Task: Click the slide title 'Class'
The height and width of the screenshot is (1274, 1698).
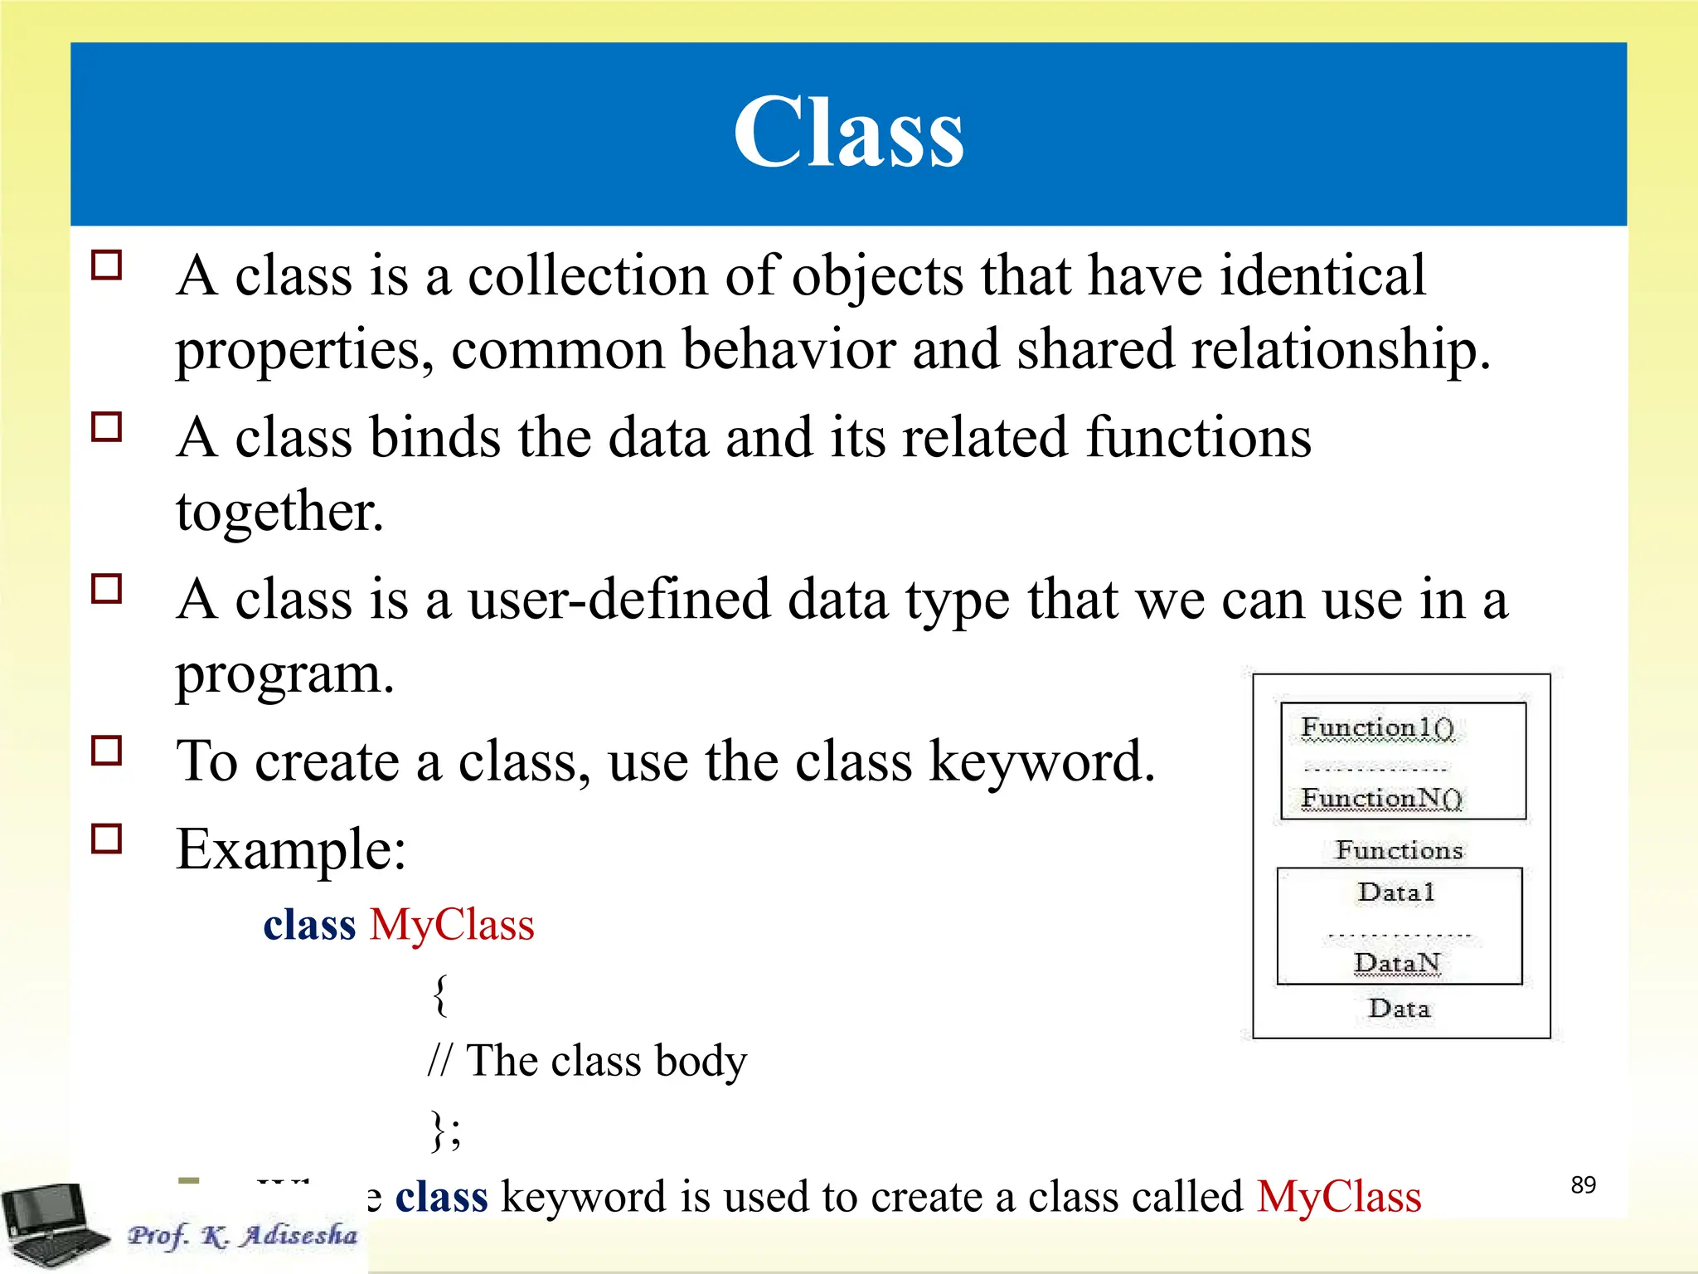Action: pyautogui.click(x=848, y=133)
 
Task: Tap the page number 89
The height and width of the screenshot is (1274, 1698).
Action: pyautogui.click(x=1583, y=1184)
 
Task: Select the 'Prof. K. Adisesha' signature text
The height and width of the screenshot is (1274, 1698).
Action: pyautogui.click(x=242, y=1235)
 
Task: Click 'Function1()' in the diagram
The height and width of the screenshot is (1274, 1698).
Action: pyautogui.click(x=1377, y=727)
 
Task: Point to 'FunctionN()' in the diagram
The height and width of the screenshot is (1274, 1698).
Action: pyautogui.click(x=1381, y=798)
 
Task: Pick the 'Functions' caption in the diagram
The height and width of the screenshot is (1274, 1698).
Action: pyautogui.click(x=1400, y=850)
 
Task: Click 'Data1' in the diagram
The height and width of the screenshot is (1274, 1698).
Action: pyautogui.click(x=1396, y=892)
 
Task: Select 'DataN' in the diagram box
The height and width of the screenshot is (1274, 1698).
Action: pyautogui.click(x=1398, y=963)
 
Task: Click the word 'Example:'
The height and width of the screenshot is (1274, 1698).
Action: pyautogui.click(x=291, y=849)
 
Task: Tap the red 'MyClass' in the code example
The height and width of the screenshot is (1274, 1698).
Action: pyautogui.click(x=452, y=924)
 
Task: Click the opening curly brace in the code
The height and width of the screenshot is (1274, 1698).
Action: pyautogui.click(x=441, y=994)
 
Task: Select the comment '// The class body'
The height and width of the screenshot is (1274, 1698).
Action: pyautogui.click(x=587, y=1061)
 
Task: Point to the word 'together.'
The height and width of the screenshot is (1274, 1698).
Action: pyautogui.click(x=280, y=511)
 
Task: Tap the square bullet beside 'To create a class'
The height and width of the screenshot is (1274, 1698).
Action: pyautogui.click(x=107, y=751)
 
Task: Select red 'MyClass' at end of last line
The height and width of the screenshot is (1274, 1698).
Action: pyautogui.click(x=1338, y=1197)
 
